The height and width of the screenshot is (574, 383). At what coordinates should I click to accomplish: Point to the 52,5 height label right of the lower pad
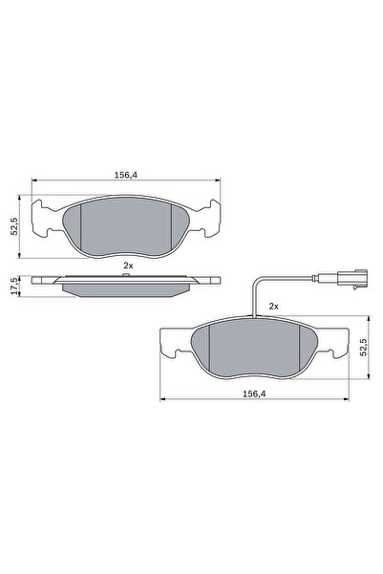pos(362,348)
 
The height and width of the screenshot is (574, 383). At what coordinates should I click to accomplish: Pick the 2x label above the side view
pos(128,265)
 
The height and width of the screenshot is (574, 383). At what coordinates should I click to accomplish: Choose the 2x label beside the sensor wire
pos(273,306)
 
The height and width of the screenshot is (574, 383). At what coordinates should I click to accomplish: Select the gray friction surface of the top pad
pos(128,228)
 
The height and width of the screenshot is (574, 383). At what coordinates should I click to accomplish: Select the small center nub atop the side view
pos(128,276)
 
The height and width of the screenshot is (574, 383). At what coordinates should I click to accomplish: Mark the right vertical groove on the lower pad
pos(302,349)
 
